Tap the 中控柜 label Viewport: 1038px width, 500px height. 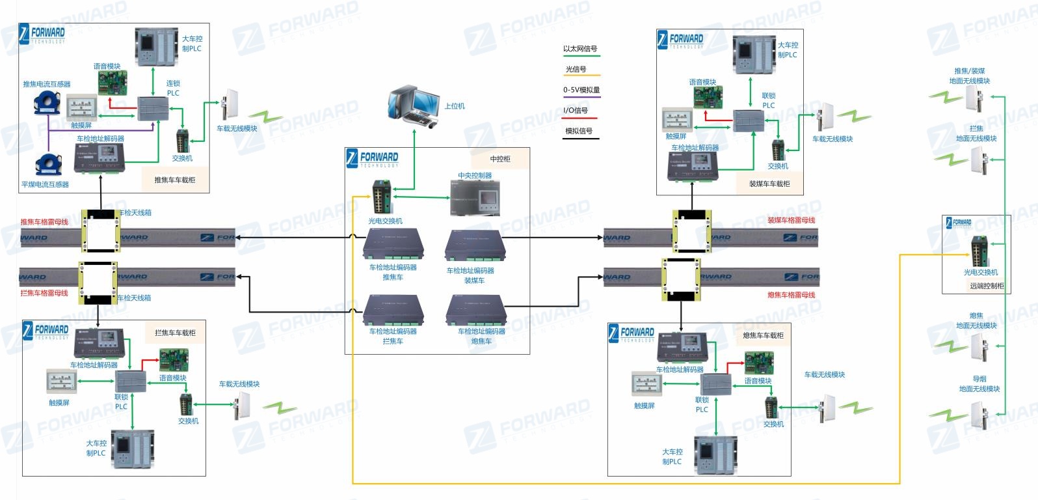pos(500,159)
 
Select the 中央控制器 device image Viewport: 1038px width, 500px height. pos(475,197)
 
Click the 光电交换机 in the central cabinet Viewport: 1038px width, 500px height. pos(381,196)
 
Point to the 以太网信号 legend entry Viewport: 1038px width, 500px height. pos(580,49)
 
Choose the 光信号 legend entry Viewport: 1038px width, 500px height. pos(576,69)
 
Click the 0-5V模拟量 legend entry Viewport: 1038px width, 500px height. pos(581,90)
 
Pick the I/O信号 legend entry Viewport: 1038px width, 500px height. pos(576,111)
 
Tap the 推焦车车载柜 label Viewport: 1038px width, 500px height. pos(174,180)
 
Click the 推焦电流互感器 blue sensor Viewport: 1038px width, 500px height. pos(47,104)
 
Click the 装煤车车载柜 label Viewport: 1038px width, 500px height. pos(769,184)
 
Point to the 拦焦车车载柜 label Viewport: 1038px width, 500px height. pos(175,333)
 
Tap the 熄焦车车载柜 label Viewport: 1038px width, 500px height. pos(763,335)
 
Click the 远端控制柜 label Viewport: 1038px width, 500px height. pos(987,286)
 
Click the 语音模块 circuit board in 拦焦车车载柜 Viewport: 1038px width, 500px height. pos(174,360)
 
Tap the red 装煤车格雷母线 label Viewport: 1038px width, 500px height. pos(791,220)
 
